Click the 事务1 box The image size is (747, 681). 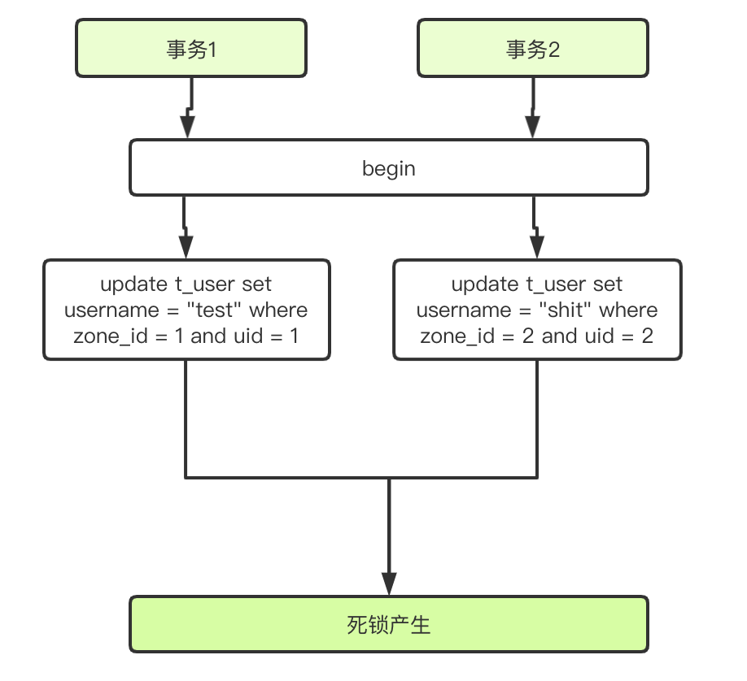[x=191, y=50]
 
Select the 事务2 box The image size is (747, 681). [x=533, y=50]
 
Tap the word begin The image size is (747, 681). [x=389, y=169]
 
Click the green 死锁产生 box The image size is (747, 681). [x=389, y=625]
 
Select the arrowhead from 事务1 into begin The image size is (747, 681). [x=188, y=126]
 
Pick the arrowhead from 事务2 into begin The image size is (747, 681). [x=533, y=126]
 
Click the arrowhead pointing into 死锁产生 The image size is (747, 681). [x=389, y=583]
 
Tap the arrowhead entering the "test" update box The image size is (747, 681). [x=186, y=246]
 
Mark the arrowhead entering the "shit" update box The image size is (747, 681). [x=536, y=246]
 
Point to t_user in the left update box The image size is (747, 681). [x=203, y=284]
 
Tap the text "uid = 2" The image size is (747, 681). [x=619, y=336]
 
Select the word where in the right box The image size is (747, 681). [x=628, y=310]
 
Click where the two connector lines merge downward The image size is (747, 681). [x=389, y=478]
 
